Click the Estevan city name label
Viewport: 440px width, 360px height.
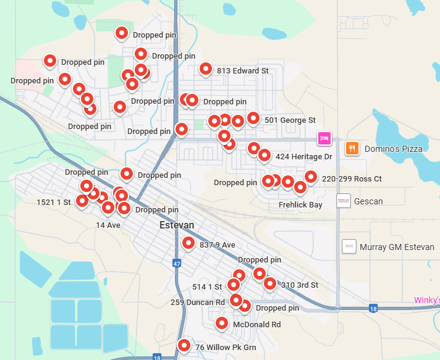tap(177, 225)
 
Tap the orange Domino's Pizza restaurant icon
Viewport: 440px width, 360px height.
tap(352, 149)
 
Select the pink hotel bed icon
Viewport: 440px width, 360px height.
tap(324, 138)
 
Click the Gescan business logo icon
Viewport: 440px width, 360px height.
tap(344, 201)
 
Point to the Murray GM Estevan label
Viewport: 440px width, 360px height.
tap(397, 247)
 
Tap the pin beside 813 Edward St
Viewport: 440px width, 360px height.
tap(206, 69)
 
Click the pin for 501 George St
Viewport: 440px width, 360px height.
tap(253, 118)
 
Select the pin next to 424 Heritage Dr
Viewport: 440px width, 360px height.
tap(264, 155)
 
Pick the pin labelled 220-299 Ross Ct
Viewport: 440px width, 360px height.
tap(310, 177)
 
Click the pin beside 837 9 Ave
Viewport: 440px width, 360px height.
tap(188, 243)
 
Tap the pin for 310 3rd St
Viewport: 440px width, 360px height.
tap(270, 283)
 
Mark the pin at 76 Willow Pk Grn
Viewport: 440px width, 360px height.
tap(184, 346)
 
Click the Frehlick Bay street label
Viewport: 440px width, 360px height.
tap(300, 204)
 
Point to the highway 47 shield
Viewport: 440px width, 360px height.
tap(177, 264)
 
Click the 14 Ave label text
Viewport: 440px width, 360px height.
tap(108, 225)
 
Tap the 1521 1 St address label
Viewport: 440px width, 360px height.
tap(54, 202)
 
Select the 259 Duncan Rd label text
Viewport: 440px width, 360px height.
tap(198, 303)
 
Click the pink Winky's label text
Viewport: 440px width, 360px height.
tap(427, 301)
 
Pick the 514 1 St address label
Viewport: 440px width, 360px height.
tap(207, 287)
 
